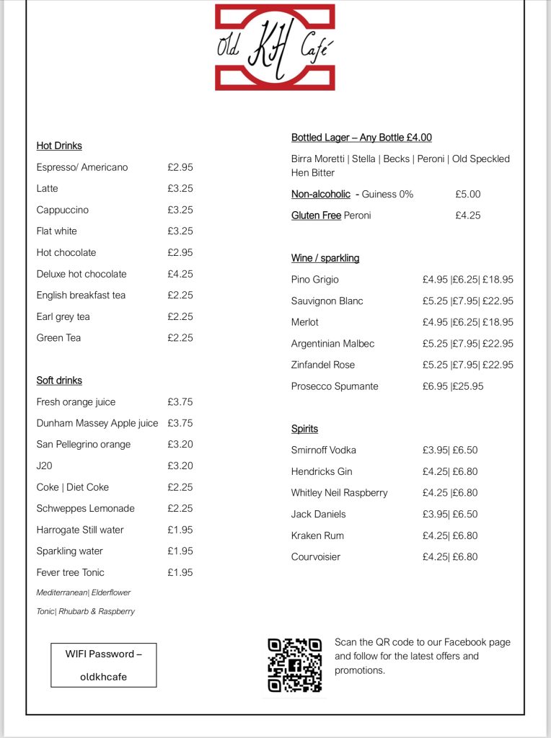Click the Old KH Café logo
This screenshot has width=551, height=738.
tap(275, 47)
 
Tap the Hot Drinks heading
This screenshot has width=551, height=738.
tap(59, 146)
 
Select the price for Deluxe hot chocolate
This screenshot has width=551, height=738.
tap(180, 274)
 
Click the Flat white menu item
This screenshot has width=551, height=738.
tap(57, 231)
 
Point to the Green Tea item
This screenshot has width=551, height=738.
tap(58, 338)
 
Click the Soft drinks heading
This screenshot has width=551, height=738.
tap(59, 381)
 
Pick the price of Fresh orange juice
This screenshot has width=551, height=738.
tap(180, 402)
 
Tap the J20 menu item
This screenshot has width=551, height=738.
tap(45, 466)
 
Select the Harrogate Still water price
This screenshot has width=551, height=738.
tap(180, 530)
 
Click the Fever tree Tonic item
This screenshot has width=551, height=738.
tap(70, 572)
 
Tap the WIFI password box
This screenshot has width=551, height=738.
tap(104, 664)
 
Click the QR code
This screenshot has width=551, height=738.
tap(294, 665)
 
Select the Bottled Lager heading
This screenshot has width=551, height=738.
tap(361, 138)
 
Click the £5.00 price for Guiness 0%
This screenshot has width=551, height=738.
tap(468, 194)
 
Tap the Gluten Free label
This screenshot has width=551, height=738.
tap(316, 215)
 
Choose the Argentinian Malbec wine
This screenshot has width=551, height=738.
tap(332, 344)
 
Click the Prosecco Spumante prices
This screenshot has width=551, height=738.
tap(453, 386)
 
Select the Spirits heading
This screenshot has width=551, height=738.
tap(304, 429)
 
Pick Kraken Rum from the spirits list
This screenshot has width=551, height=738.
tap(317, 535)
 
